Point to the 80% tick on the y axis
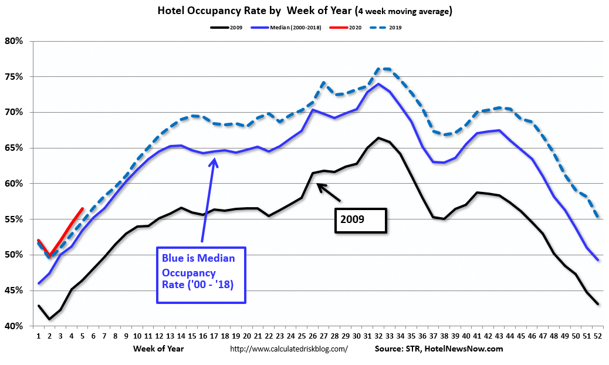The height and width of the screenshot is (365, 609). click(x=14, y=41)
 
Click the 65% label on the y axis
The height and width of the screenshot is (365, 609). click(x=14, y=148)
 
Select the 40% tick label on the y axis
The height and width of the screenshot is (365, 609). click(x=14, y=326)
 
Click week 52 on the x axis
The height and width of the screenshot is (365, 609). click(x=597, y=337)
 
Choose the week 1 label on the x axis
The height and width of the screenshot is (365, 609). click(x=39, y=337)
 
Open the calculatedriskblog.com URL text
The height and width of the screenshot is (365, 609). click(x=289, y=349)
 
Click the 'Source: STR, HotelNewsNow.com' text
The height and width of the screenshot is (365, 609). click(x=439, y=349)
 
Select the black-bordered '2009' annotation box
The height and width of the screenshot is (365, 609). click(x=360, y=221)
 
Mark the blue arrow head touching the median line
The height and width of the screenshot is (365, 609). click(x=214, y=160)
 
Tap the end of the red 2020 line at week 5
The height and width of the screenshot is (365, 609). click(x=83, y=208)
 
